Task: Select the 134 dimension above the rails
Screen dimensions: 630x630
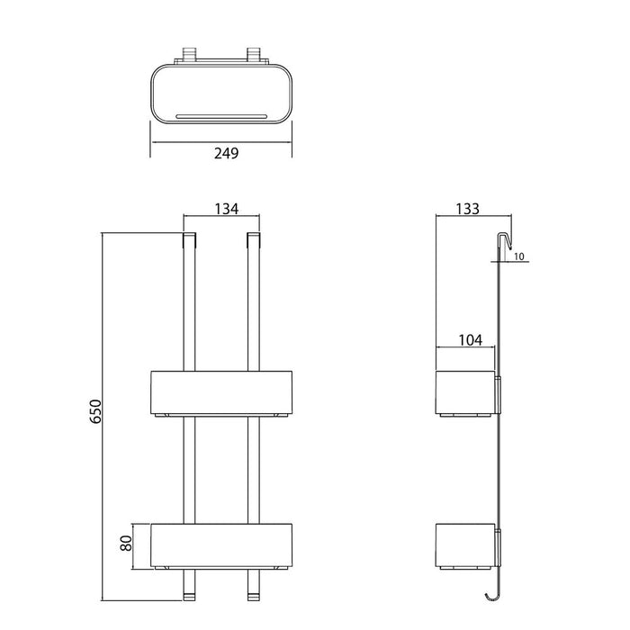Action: coord(225,210)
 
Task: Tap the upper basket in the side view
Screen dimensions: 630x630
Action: coord(465,392)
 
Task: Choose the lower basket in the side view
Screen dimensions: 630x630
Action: coord(465,546)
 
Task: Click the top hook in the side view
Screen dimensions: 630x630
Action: coord(507,241)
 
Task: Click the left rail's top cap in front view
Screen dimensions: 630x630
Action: coord(189,240)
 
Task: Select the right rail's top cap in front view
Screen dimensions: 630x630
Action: coord(254,240)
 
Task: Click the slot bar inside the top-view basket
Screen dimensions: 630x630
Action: coord(221,116)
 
